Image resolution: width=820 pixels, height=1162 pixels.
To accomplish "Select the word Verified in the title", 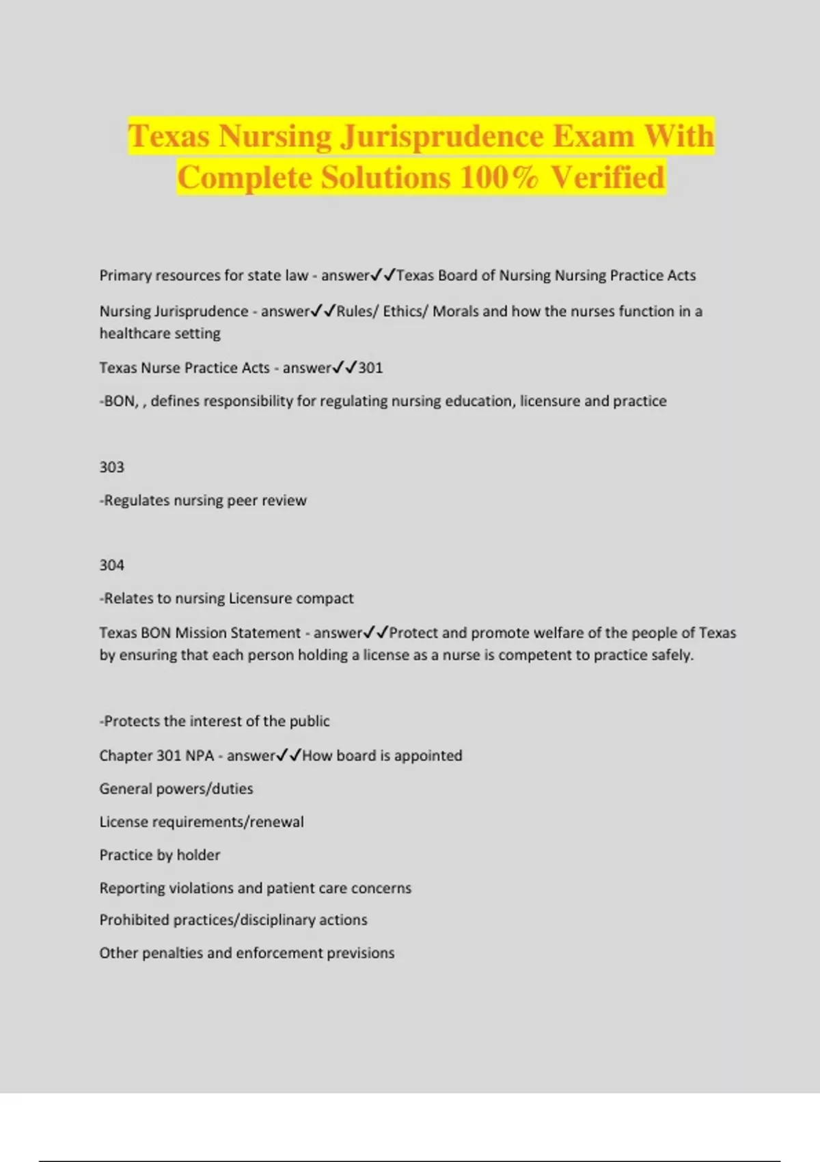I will (x=607, y=178).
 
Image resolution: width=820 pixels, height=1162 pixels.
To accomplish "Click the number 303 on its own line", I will (x=112, y=468).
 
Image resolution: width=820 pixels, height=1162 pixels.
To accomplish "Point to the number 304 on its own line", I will (x=112, y=565).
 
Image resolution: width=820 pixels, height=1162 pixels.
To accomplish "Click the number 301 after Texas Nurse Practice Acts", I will (x=370, y=368).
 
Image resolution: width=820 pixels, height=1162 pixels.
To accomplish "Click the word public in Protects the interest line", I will (x=310, y=721).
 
